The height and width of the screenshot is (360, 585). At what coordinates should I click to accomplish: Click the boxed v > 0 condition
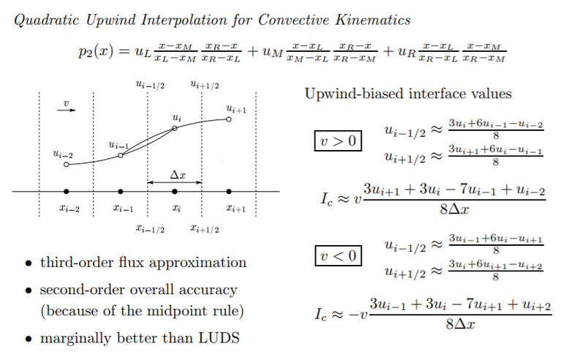click(x=337, y=140)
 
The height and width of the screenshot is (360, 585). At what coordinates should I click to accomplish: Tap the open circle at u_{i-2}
click(x=67, y=165)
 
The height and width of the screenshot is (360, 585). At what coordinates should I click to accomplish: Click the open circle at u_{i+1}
click(x=229, y=119)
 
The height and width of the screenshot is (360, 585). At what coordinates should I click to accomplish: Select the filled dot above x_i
click(x=175, y=192)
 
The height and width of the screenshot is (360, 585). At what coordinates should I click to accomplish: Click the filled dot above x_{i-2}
click(x=67, y=192)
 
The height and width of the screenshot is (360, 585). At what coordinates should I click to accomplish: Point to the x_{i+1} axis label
click(x=235, y=209)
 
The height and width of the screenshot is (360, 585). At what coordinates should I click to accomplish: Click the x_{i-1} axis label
click(x=122, y=209)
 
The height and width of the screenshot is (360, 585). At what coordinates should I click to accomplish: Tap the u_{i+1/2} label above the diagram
click(x=203, y=86)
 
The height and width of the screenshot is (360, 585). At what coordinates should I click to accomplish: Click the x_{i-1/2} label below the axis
click(x=149, y=228)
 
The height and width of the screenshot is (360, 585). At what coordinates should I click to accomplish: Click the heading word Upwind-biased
click(x=350, y=94)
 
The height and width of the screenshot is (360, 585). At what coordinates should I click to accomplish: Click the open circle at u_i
click(x=175, y=128)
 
